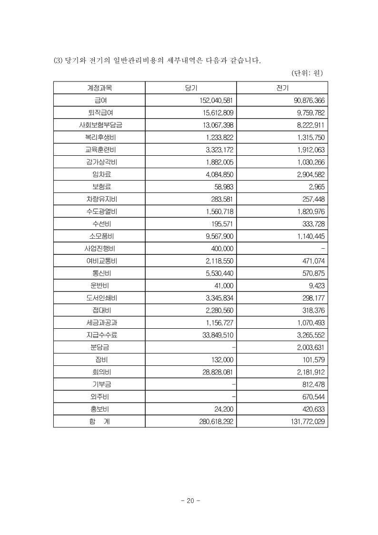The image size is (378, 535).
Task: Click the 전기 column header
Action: pyautogui.click(x=282, y=88)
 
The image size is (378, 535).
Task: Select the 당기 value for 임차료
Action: pyautogui.click(x=217, y=174)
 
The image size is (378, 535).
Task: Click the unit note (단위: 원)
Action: pyautogui.click(x=307, y=73)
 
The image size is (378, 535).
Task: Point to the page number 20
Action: pyautogui.click(x=190, y=501)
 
